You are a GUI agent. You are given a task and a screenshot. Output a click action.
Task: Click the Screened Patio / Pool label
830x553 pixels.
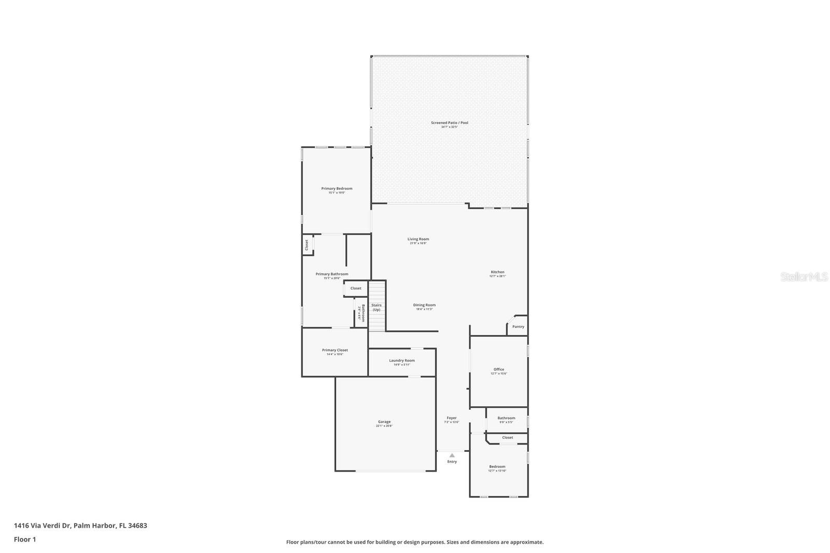tap(449, 123)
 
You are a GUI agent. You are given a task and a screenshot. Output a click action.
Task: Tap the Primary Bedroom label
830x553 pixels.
tap(337, 189)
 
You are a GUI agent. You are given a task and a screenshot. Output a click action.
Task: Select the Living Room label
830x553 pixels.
tap(418, 239)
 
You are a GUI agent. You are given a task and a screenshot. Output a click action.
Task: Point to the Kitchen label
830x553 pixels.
tap(497, 272)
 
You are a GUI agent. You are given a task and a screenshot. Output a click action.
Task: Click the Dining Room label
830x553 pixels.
tap(424, 305)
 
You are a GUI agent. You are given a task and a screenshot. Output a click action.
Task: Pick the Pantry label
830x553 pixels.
tap(518, 327)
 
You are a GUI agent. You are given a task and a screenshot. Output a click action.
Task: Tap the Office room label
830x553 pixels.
tap(499, 369)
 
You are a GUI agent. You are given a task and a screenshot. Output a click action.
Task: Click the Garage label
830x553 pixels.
tap(384, 422)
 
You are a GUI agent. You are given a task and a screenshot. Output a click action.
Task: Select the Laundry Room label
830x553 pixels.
tap(402, 361)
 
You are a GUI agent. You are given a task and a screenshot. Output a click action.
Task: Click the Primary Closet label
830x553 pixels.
tap(335, 350)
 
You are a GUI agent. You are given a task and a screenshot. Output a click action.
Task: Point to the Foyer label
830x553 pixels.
tap(452, 418)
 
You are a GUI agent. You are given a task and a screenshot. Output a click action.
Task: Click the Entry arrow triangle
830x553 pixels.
tap(452, 455)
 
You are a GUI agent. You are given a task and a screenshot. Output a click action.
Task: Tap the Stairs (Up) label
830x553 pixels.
tap(377, 307)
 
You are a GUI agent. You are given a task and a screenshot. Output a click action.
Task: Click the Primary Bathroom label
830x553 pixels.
tap(332, 274)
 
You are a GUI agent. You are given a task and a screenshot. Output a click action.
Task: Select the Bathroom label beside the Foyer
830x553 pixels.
tap(506, 418)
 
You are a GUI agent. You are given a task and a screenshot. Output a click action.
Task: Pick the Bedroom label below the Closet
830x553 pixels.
tap(497, 467)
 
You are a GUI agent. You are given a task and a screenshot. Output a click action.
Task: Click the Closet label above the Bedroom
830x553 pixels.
tap(507, 437)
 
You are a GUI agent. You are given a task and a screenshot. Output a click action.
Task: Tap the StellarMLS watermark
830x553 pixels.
tap(804, 277)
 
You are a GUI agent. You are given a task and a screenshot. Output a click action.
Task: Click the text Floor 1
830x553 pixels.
tap(25, 540)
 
